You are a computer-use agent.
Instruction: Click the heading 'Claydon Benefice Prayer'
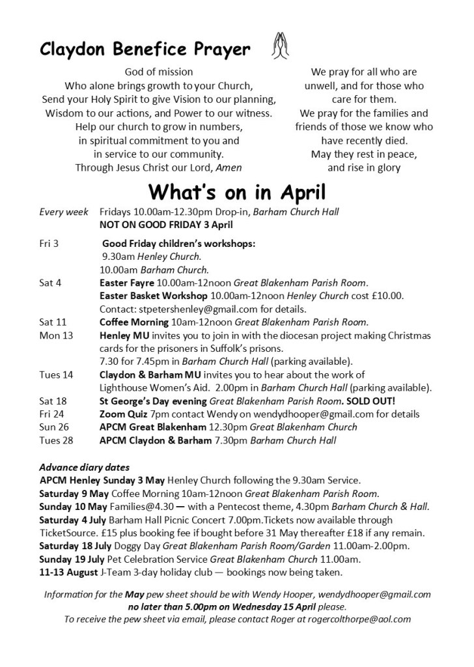coord(145,49)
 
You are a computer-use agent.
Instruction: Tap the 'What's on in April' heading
coord(236,192)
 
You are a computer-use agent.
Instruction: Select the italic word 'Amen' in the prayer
coord(229,167)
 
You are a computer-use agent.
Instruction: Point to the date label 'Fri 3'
coord(49,244)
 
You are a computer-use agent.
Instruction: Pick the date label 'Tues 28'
coord(56,440)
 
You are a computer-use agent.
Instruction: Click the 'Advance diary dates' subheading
coord(84,467)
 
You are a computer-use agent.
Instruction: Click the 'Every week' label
coord(63,212)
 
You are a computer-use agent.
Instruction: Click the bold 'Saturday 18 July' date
coord(78,546)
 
